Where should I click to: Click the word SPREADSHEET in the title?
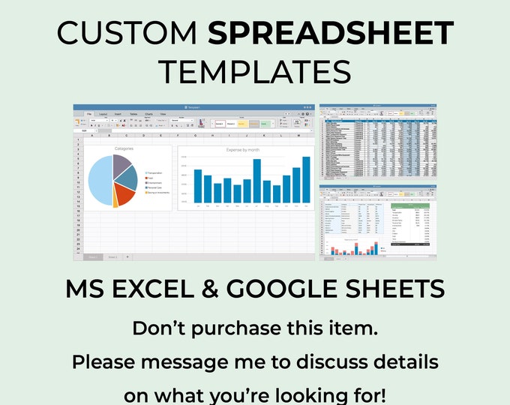tap(331, 32)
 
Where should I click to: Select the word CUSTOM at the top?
tap(126, 32)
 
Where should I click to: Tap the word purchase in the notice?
tap(254, 328)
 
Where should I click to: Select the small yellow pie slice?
tap(115, 199)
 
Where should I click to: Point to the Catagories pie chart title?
tap(124, 149)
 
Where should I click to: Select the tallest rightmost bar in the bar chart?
tap(306, 179)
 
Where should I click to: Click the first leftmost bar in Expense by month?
tap(198, 185)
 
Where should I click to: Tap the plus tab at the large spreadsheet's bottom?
tap(127, 256)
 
